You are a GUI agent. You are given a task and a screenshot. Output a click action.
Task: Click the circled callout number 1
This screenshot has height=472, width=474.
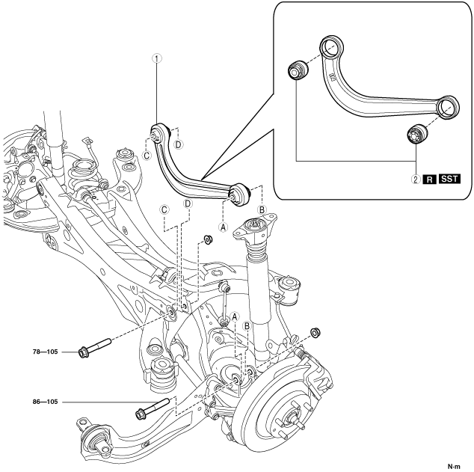click(157, 58)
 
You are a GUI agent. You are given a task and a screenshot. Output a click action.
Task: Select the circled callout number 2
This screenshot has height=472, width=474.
click(416, 180)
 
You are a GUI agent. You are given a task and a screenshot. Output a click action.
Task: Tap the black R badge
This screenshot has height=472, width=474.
click(430, 180)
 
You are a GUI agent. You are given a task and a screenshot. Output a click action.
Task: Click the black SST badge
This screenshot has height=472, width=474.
click(449, 179)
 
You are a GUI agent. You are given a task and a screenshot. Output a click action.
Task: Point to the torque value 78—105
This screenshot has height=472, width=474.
click(45, 352)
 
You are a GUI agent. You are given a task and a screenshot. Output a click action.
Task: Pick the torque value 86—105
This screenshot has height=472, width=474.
click(45, 402)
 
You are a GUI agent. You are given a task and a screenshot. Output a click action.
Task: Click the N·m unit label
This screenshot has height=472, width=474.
click(454, 467)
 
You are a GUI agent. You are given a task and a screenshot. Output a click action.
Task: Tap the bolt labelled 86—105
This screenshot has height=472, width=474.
click(153, 408)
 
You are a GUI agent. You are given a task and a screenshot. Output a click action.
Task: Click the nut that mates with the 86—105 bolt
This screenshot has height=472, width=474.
click(316, 333)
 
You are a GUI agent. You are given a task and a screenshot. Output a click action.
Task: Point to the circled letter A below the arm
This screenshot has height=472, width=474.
click(224, 227)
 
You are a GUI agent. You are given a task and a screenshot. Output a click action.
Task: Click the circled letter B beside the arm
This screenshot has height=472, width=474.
click(262, 210)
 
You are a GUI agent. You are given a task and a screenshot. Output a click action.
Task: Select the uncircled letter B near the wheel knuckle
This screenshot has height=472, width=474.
click(247, 326)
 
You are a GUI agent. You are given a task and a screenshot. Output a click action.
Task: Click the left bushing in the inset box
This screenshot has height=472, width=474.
click(298, 70)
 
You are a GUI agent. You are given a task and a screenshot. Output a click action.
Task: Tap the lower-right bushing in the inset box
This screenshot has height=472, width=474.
click(416, 134)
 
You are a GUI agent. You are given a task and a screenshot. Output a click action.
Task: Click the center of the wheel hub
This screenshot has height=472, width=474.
click(292, 414)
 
